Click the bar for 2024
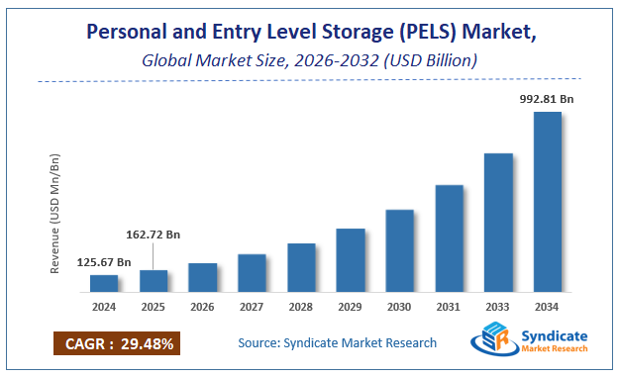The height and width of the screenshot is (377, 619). tap(104, 283)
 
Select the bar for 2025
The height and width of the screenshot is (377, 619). tap(154, 281)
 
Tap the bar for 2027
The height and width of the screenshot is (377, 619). tap(252, 272)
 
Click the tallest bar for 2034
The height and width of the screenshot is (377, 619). tap(548, 202)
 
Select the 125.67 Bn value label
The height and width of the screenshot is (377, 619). tap(104, 261)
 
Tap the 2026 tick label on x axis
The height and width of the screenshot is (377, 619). tap(202, 306)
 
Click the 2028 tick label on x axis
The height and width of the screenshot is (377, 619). tap(301, 306)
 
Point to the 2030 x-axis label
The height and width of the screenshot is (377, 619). tap(399, 306)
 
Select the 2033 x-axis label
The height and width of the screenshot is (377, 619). tap(498, 306)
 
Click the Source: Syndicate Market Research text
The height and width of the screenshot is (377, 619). tap(337, 343)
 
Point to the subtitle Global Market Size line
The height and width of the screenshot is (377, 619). tap(309, 60)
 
